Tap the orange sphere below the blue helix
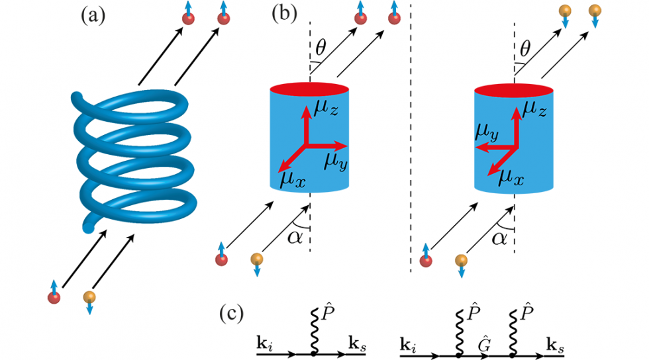coord(89,297)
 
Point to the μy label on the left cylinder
coord(334,161)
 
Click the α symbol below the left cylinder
coord(293,236)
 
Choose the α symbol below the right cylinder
coord(498,236)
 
